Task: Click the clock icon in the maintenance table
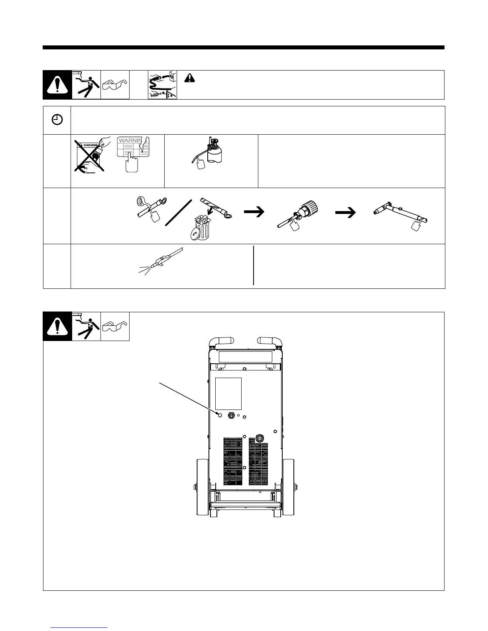57,120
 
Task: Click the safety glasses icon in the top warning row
115,85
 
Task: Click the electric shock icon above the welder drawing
86,326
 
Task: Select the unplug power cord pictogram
162,85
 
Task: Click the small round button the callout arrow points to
220,415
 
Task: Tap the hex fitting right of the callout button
231,415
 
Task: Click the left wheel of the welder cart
203,487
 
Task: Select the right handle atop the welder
271,342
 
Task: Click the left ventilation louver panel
232,462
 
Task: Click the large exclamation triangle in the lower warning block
57,327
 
